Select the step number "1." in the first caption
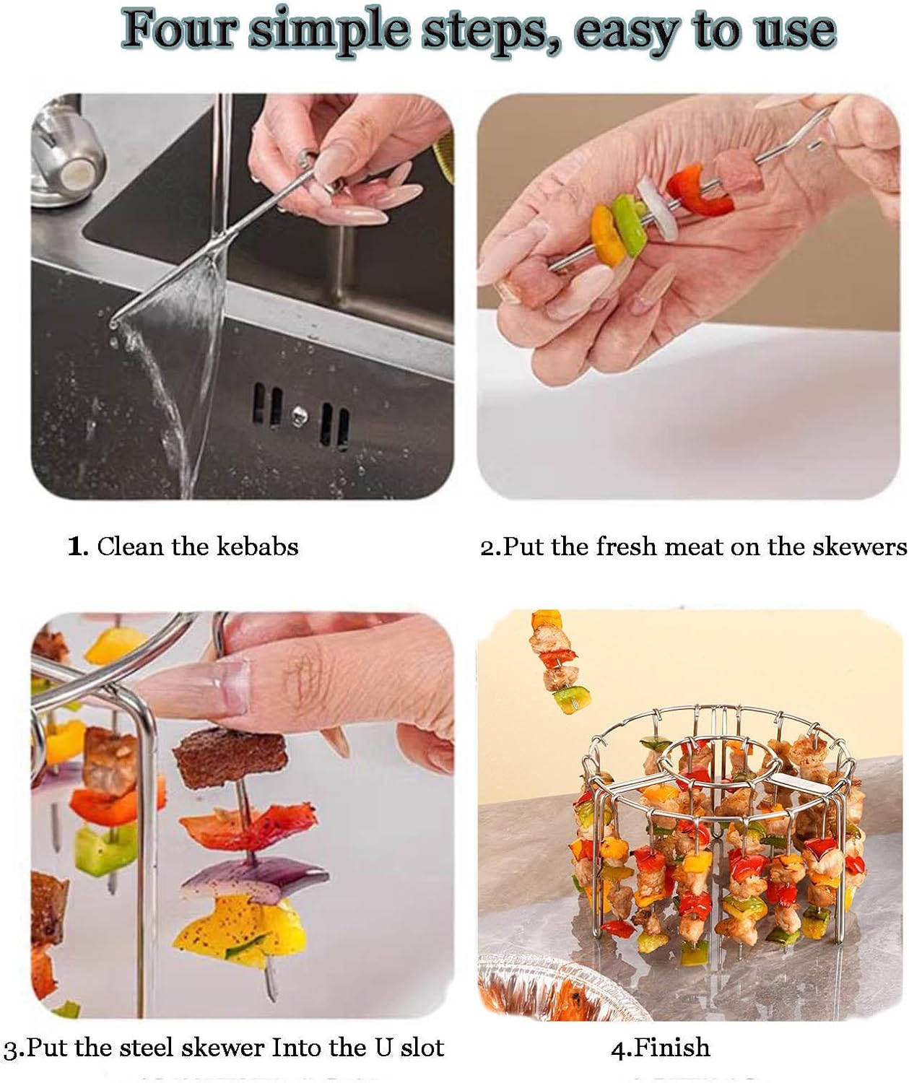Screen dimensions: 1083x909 coord(78,547)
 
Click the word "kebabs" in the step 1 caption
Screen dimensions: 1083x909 coord(257,547)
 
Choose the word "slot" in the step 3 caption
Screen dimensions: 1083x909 coord(421,1047)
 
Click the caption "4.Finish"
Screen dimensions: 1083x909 coord(660,1047)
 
